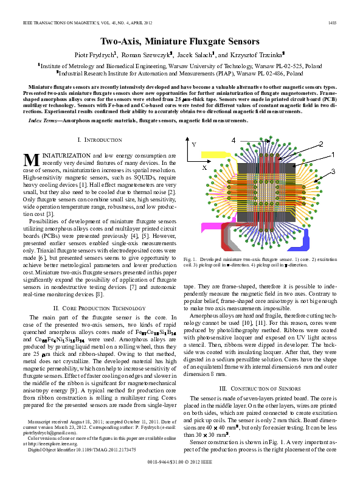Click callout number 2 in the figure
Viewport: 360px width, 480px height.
(x=320, y=144)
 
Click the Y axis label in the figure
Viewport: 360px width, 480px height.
(x=194, y=145)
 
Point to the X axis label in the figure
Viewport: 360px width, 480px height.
(x=204, y=165)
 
